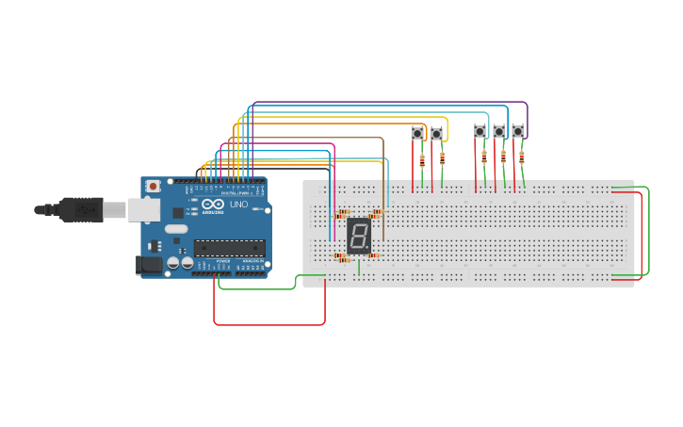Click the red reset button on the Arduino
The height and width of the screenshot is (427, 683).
point(153,188)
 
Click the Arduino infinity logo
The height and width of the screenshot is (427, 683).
point(213,205)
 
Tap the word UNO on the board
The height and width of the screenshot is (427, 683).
point(238,205)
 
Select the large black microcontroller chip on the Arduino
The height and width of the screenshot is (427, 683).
point(229,248)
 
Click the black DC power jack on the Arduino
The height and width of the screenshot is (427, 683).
point(148,266)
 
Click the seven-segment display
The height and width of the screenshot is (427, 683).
point(358,236)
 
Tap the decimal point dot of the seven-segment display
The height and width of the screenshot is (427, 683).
point(368,250)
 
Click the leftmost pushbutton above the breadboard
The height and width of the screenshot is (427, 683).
point(417,134)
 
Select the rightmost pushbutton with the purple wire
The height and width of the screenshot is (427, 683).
point(518,131)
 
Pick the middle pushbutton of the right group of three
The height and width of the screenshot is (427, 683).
point(499,131)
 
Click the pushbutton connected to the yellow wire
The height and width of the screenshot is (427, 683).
point(436,134)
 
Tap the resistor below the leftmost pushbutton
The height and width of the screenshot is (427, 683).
point(422,161)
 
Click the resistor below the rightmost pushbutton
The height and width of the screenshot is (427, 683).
point(522,157)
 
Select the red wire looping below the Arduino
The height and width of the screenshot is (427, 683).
point(268,324)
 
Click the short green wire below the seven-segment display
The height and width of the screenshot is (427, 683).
point(358,266)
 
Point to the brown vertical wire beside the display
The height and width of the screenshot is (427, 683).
point(383,189)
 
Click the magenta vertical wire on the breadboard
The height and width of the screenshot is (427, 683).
point(334,189)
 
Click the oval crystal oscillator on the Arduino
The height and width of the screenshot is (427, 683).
point(176,228)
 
